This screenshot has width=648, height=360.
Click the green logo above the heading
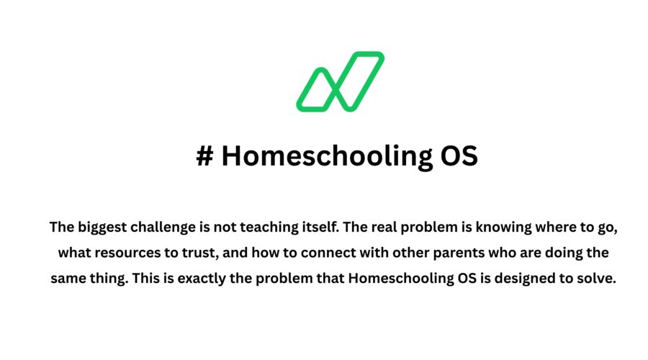(x=340, y=81)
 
